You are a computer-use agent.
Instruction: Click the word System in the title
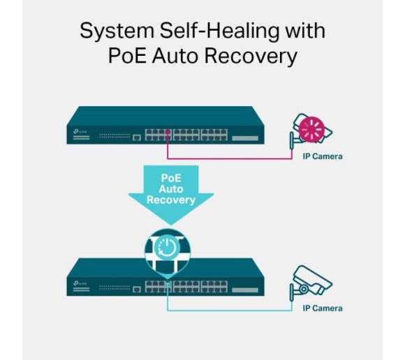(x=117, y=31)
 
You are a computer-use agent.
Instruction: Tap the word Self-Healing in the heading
(x=219, y=31)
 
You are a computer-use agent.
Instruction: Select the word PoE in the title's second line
(x=127, y=56)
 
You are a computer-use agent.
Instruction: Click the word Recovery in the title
(x=251, y=57)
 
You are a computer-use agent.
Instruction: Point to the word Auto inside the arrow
(x=171, y=189)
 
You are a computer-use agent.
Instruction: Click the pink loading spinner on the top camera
(x=311, y=130)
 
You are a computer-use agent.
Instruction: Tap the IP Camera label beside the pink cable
(x=323, y=156)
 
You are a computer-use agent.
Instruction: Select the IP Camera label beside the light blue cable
(x=323, y=308)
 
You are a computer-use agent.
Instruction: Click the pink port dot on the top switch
(x=168, y=132)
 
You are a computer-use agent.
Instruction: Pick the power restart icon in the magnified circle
(x=167, y=247)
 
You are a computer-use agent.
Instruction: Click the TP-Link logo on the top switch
(x=80, y=131)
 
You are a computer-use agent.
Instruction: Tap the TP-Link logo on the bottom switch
(x=80, y=283)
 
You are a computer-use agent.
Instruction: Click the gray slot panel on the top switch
(x=245, y=138)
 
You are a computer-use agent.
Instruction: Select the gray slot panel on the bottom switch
(x=245, y=290)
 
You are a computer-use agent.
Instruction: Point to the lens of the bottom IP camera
(x=304, y=289)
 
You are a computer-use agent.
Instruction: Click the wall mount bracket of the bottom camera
(x=292, y=292)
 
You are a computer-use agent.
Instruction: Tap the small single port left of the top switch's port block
(x=137, y=137)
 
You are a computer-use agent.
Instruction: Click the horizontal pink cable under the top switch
(x=230, y=158)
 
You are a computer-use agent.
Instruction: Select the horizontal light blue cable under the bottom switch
(x=230, y=310)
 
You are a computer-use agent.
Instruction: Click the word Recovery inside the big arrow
(x=171, y=200)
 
